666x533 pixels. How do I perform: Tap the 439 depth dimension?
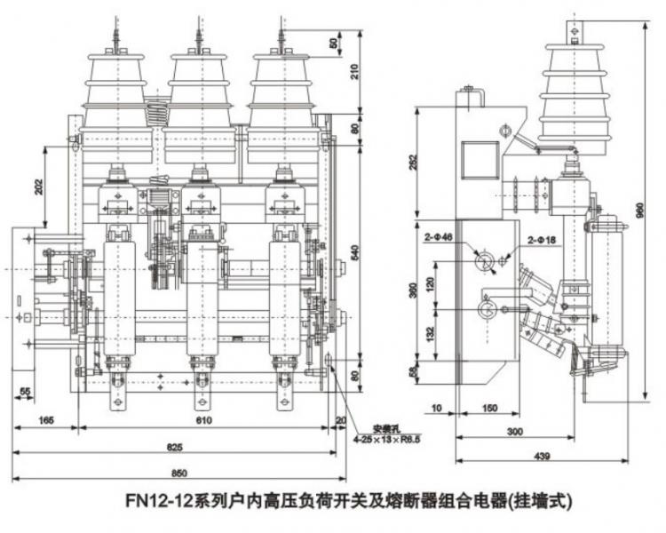coord(543,457)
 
